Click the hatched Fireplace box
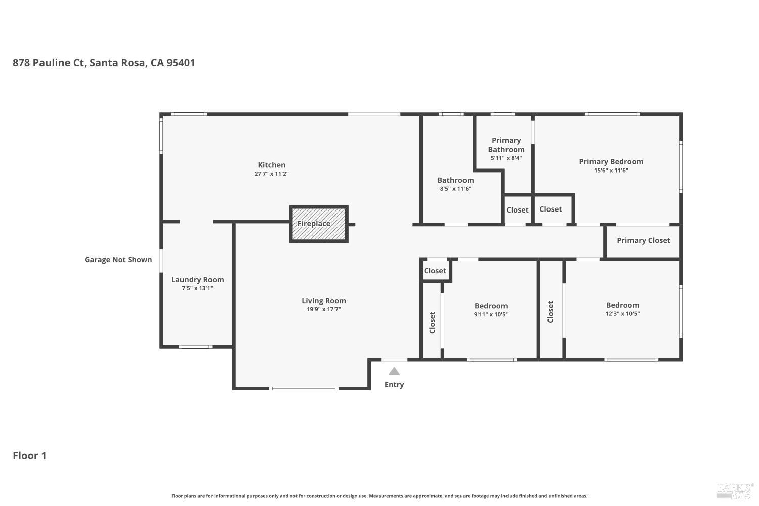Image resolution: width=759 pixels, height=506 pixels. pos(318,224)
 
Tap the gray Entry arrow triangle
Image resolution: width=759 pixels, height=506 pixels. pos(394,372)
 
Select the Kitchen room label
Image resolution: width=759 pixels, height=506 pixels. pos(272,165)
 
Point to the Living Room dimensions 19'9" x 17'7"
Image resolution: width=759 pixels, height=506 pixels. pos(324,309)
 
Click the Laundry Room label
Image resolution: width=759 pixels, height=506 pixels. pos(197,280)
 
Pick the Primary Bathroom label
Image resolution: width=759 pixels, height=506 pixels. pos(506,145)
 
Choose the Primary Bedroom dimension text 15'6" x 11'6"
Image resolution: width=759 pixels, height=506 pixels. pos(611,171)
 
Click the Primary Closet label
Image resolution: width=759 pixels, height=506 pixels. pos(643,240)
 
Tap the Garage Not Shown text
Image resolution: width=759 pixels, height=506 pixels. pos(118,260)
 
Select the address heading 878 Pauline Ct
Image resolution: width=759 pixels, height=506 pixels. pos(104,63)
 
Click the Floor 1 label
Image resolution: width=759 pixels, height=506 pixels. pos(29,456)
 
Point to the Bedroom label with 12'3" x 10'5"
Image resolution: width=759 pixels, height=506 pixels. pos(622,305)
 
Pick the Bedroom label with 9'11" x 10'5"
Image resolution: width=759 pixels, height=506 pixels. pos(491,306)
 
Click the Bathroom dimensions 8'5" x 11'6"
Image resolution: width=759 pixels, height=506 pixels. pos(455,189)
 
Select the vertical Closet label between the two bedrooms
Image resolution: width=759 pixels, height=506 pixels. pos(551,312)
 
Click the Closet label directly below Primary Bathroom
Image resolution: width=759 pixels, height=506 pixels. pos(517,210)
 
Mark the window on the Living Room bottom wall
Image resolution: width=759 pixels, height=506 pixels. pos(304,388)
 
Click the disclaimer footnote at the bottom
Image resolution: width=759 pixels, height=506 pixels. pos(379,496)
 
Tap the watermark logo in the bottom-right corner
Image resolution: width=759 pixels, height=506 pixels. pos(735,490)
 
